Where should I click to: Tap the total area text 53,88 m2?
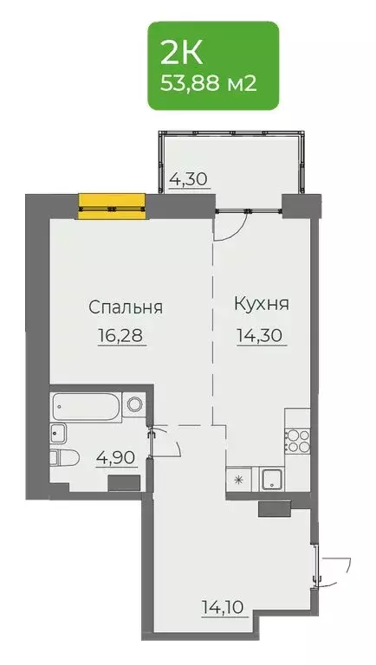[x=211, y=86]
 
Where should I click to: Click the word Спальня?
[x=126, y=307]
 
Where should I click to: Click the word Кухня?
[x=262, y=305]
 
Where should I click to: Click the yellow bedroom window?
[x=111, y=205]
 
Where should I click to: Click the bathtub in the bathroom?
[x=87, y=404]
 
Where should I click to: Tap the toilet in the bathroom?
[x=64, y=457]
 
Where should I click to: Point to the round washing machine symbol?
[x=133, y=404]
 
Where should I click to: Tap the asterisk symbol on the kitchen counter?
[x=240, y=478]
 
